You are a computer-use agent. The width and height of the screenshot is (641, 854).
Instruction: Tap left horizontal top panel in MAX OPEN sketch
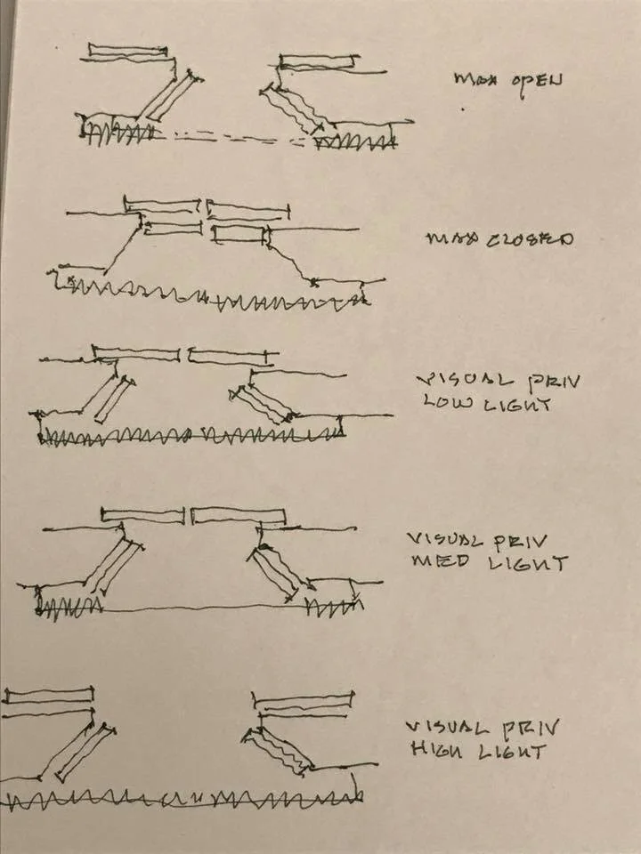[x=129, y=52]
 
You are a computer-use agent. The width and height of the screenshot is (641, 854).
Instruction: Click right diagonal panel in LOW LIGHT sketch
[x=264, y=401]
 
